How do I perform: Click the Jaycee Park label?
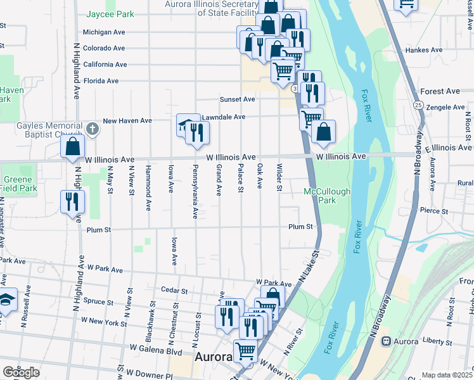click(112, 13)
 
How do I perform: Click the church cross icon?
click(93, 130)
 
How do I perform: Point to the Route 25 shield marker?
click(418, 104)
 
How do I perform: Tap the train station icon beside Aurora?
click(385, 341)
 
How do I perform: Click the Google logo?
click(21, 372)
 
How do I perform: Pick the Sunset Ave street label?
click(237, 99)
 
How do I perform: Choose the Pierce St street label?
click(435, 211)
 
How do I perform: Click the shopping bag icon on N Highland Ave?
click(74, 146)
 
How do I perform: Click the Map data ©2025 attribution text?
click(447, 375)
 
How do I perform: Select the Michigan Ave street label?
click(104, 32)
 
